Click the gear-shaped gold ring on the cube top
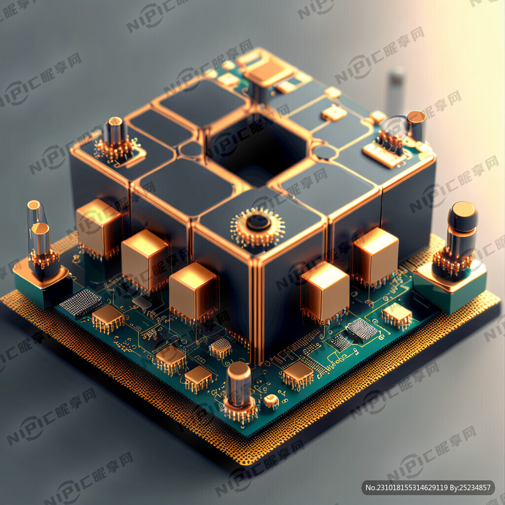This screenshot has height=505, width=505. (x=257, y=227)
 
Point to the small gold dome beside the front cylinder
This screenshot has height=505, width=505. (x=271, y=401)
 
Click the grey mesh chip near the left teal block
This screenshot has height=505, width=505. (x=81, y=302)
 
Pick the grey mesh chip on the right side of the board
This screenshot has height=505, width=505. (x=361, y=330)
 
